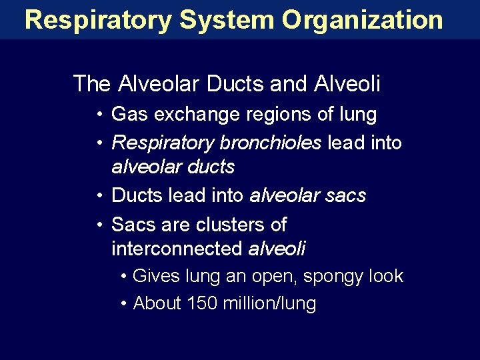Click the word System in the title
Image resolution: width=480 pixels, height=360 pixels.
click(227, 19)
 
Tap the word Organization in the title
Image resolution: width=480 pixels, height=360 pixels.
click(363, 19)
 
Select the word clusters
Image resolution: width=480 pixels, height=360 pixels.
click(225, 224)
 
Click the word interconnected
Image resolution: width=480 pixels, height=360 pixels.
click(177, 249)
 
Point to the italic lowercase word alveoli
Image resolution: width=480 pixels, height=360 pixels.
click(277, 249)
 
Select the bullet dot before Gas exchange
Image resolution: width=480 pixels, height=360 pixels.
click(98, 115)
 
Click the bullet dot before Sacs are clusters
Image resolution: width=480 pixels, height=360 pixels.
click(98, 225)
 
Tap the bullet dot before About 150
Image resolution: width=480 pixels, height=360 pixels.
click(125, 304)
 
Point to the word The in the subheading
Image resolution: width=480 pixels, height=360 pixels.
click(92, 84)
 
